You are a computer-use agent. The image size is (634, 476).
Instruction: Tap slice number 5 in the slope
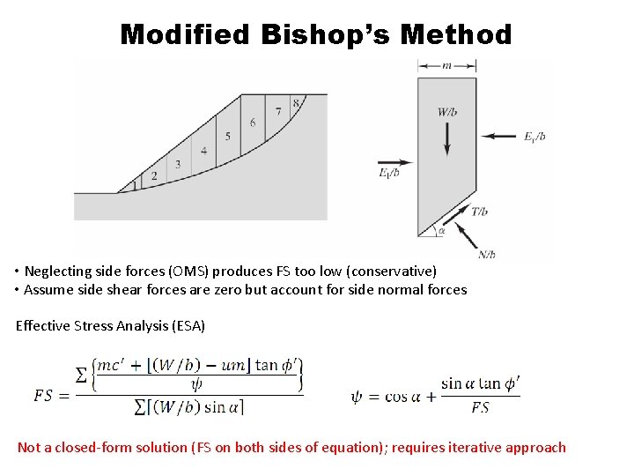tap(228, 137)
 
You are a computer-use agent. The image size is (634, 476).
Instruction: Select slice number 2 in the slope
tap(154, 176)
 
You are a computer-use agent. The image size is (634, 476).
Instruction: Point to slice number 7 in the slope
tap(278, 112)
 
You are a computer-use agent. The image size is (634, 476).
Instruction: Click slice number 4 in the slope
tap(203, 151)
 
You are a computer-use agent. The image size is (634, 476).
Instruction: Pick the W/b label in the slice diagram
tap(446, 112)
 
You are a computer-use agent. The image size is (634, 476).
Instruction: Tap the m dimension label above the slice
tap(446, 65)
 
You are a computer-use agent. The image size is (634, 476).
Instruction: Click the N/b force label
tap(487, 255)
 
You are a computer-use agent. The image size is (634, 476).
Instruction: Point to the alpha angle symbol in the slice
tap(441, 232)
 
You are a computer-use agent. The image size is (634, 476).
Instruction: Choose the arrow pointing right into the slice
tap(395, 162)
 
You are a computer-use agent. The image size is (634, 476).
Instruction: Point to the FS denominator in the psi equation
tap(480, 407)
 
